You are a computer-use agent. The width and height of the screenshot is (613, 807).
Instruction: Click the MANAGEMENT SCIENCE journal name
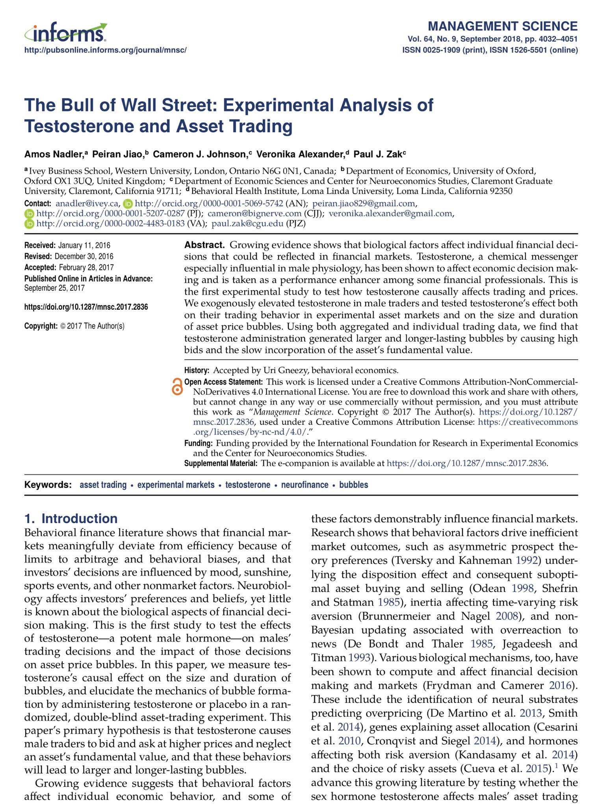(502, 26)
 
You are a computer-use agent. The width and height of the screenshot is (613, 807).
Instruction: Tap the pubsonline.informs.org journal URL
(105, 50)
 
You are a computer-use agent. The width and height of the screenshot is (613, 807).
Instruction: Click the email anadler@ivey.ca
(87, 203)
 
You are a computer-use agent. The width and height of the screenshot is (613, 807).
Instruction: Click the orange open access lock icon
(177, 386)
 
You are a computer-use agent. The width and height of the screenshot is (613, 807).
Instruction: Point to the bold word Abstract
(204, 245)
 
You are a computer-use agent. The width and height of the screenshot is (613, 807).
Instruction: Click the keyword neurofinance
(305, 485)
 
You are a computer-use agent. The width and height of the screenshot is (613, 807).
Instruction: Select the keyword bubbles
(353, 485)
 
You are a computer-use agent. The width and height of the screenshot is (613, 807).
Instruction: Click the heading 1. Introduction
(71, 519)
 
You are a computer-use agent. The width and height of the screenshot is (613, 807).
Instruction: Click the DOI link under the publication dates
(86, 307)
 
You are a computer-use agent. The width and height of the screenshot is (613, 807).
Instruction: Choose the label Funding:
(199, 443)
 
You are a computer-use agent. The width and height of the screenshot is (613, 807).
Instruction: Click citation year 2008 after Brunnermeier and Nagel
(506, 616)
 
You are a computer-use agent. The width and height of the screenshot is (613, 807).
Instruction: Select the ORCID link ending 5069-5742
(209, 203)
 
